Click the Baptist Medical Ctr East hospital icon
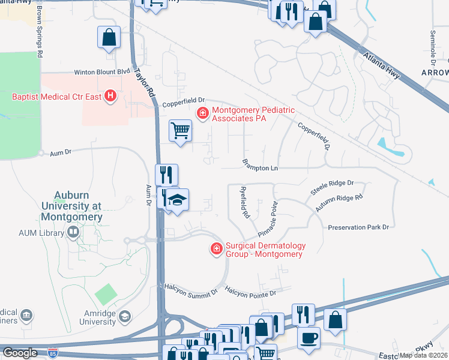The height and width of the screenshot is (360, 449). tap(110, 95)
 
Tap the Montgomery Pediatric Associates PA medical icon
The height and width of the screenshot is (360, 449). tap(203, 112)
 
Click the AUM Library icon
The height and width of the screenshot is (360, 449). tap(73, 232)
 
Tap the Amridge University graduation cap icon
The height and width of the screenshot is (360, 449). tap(124, 316)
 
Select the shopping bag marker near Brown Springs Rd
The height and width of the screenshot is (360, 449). tap(109, 38)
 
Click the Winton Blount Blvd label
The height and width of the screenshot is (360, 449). tap(102, 72)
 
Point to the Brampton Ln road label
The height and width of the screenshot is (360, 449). tap(261, 164)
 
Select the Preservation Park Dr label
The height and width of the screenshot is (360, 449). tap(358, 227)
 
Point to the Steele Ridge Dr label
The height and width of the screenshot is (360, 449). tap(332, 187)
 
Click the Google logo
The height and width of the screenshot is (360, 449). tap(20, 353)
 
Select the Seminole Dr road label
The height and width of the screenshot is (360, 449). tap(433, 48)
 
